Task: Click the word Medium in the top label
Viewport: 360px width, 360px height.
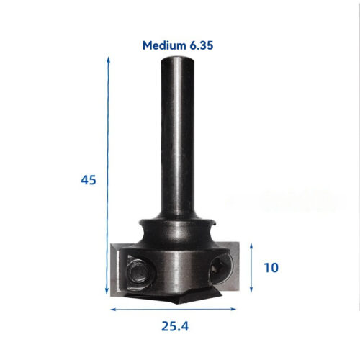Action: [x=163, y=45]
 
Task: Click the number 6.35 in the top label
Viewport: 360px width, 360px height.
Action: [x=202, y=45]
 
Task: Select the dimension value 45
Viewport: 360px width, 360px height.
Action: [x=88, y=179]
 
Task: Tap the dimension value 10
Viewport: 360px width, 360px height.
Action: [x=271, y=268]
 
